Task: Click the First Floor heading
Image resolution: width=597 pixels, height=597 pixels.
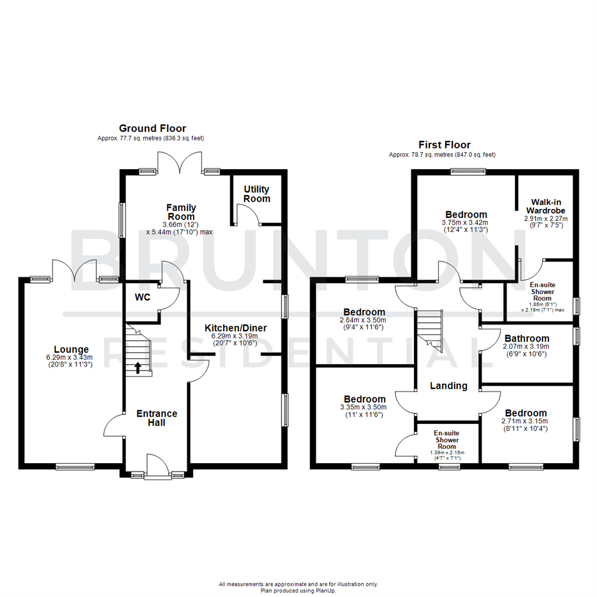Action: (444, 145)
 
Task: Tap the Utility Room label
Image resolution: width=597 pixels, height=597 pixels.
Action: (257, 194)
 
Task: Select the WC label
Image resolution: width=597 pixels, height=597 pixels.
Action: (143, 297)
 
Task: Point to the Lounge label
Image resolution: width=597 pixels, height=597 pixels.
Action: (71, 349)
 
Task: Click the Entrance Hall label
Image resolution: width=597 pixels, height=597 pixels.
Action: (157, 418)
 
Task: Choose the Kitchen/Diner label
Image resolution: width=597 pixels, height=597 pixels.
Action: (236, 328)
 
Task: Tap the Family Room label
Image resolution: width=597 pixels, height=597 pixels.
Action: (182, 212)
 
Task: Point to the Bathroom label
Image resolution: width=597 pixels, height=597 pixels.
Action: (526, 338)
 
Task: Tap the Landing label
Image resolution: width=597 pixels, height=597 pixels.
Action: (448, 386)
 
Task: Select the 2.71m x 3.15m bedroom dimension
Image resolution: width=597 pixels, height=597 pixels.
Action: (526, 422)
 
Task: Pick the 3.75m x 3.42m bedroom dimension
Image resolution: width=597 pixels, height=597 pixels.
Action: (466, 223)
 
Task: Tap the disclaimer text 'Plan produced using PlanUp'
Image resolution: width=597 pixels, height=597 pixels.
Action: (298, 590)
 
